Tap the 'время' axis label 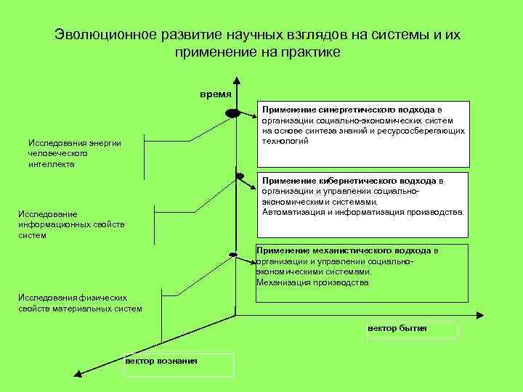[x=216, y=94]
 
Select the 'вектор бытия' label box [x=413, y=329]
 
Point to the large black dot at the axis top [x=232, y=113]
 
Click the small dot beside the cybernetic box [x=239, y=176]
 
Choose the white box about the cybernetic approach [x=363, y=205]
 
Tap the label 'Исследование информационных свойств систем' [x=71, y=224]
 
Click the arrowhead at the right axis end [x=479, y=315]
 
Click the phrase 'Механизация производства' [x=312, y=282]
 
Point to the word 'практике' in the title [x=307, y=52]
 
